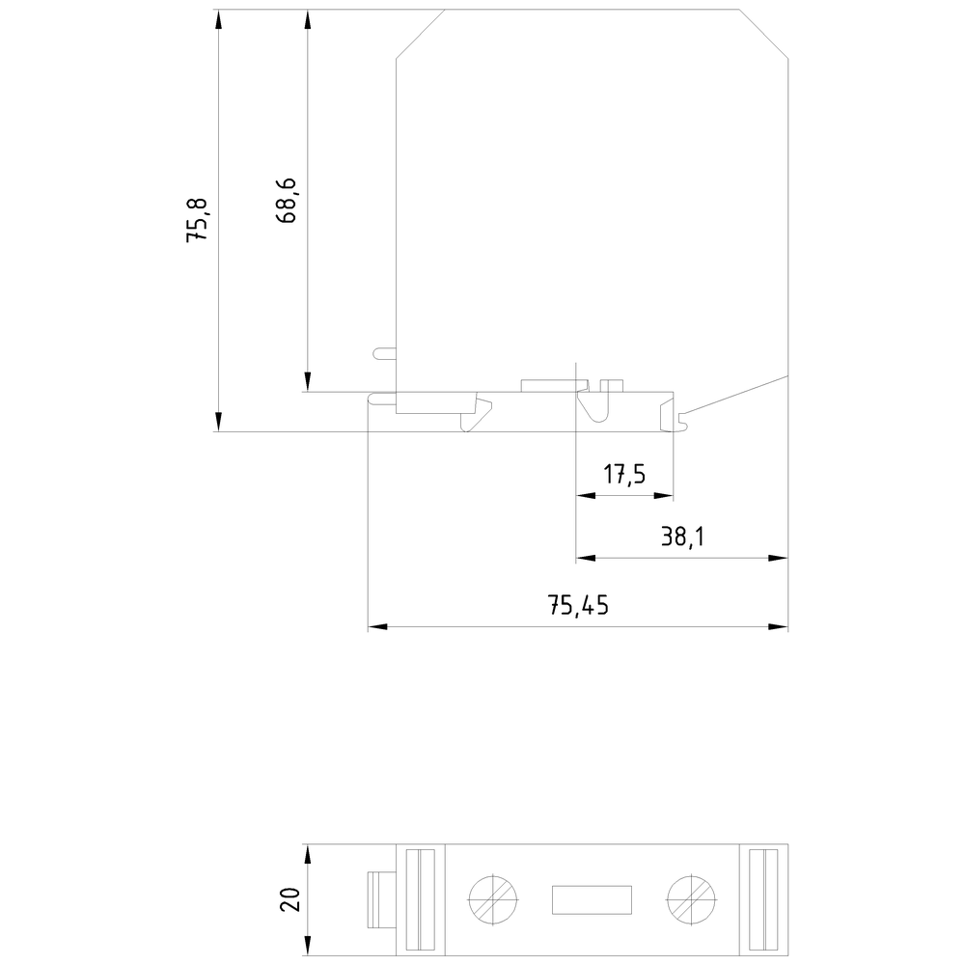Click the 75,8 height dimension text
[x=197, y=219]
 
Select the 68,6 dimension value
[x=286, y=201]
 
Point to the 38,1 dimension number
[x=682, y=538]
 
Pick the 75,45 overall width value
[x=579, y=606]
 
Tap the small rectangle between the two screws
[x=591, y=900]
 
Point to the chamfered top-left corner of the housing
[x=421, y=34]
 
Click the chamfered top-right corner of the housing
[x=764, y=34]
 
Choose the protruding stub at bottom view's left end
[x=382, y=900]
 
